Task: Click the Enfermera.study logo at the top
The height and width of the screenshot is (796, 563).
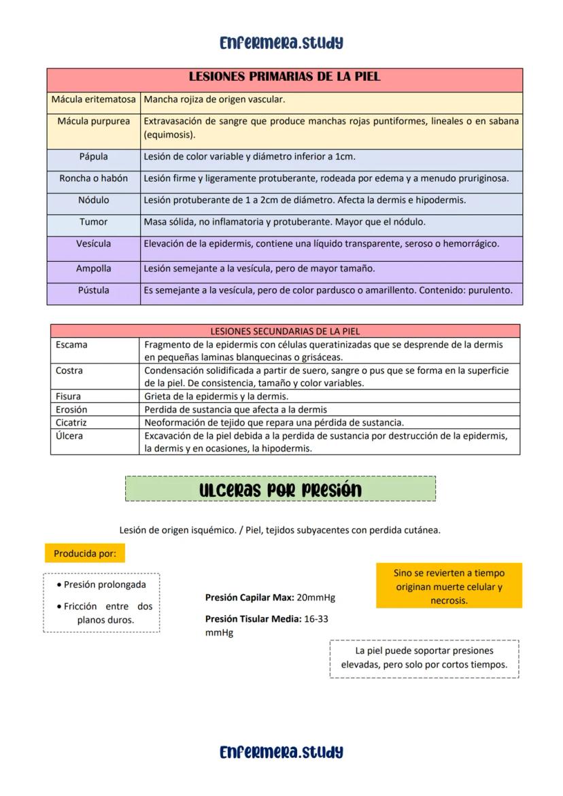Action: [281, 43]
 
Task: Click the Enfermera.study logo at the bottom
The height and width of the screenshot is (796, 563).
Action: [281, 752]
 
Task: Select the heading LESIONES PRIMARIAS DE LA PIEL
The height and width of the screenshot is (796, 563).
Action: [284, 77]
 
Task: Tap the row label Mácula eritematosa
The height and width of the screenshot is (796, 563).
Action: [94, 100]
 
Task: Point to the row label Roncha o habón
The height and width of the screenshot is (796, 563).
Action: [94, 179]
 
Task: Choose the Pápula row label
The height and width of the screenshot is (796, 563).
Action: [94, 157]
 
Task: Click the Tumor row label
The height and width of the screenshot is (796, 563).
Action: [94, 222]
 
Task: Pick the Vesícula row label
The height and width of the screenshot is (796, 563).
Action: [94, 244]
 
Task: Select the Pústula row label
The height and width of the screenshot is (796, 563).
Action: [94, 290]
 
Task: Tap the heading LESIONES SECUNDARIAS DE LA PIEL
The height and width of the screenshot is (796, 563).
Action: [285, 332]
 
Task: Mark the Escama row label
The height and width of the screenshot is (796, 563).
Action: [71, 345]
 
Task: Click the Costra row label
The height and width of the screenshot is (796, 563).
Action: [69, 370]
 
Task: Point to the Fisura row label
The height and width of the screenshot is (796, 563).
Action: [68, 396]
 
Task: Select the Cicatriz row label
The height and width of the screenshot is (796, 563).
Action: [71, 422]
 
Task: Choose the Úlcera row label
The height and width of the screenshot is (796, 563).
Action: [69, 436]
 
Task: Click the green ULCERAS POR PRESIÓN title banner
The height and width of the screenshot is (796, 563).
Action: [280, 489]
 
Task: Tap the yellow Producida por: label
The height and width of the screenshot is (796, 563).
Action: [85, 553]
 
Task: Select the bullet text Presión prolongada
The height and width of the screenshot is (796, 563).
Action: [105, 585]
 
